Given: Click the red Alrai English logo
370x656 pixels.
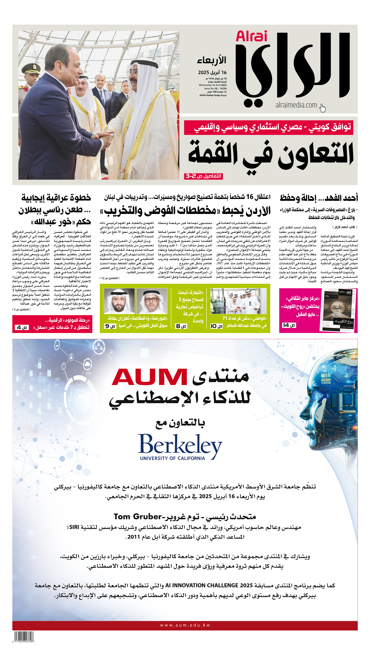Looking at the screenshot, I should click(x=251, y=36).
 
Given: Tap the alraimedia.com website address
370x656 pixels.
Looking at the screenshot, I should click(x=296, y=105).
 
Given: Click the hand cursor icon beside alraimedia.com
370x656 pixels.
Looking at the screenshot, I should click(x=323, y=108).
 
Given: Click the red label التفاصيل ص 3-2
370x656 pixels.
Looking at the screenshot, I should click(x=203, y=176).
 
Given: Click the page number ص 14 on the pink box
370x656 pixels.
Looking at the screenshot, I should click(x=289, y=325).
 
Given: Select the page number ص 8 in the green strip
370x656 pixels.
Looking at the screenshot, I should click(x=181, y=326).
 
